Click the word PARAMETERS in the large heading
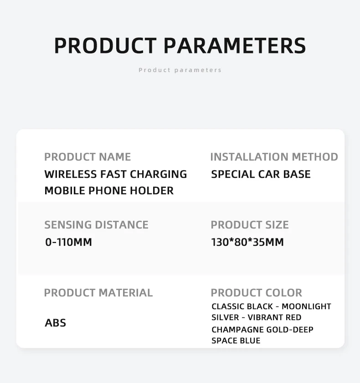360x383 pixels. click(x=235, y=46)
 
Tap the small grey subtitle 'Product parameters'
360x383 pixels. click(x=180, y=70)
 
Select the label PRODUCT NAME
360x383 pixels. click(x=87, y=157)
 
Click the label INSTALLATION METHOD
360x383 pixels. click(x=274, y=157)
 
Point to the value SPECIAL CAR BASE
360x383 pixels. click(x=261, y=174)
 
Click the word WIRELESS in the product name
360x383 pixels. click(x=71, y=174)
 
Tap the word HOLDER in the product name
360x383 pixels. click(x=152, y=191)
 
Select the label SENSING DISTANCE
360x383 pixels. click(x=97, y=225)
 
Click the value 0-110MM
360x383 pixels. click(x=69, y=242)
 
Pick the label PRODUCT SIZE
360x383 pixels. click(x=250, y=225)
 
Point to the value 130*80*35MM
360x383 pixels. click(x=247, y=242)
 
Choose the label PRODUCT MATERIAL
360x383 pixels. click(x=98, y=293)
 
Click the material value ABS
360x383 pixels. click(x=56, y=323)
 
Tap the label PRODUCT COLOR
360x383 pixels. click(x=256, y=293)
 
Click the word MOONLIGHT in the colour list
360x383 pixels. click(x=306, y=306)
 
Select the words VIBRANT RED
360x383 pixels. click(x=274, y=317)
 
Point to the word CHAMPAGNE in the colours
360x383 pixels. click(x=238, y=330)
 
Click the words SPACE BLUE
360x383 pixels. click(x=236, y=341)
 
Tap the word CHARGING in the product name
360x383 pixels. click(x=159, y=174)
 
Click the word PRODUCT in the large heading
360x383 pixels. click(x=105, y=46)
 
